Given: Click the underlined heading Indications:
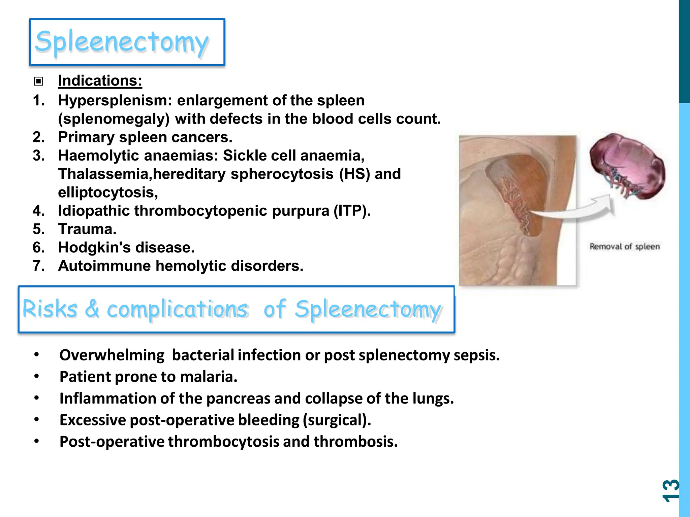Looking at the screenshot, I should [x=100, y=81].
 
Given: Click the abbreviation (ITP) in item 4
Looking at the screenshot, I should [x=352, y=211].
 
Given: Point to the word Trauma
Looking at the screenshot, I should [x=87, y=229].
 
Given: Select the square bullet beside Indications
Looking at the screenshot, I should [x=38, y=81].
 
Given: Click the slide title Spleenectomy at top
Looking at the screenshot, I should [x=122, y=42].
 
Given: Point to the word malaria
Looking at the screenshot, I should [x=209, y=377].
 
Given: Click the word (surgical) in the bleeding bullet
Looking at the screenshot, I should [x=337, y=420].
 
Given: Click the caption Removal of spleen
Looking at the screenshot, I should [x=624, y=247].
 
